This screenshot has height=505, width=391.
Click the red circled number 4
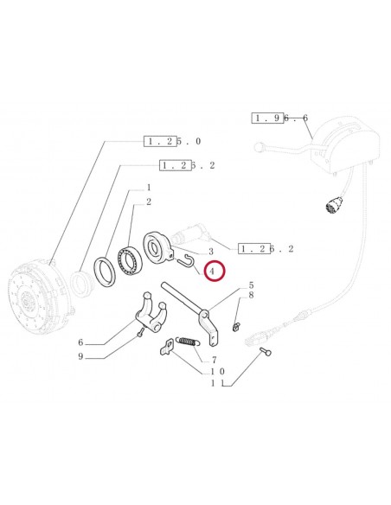pos(212,271)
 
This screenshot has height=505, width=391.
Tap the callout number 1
pos(149,187)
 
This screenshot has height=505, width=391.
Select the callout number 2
pos(149,202)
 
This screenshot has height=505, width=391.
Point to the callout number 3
pos(211,252)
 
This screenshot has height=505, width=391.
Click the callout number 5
pos(251,285)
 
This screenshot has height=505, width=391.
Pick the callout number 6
pos(80,342)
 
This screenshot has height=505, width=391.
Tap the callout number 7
pos(214,360)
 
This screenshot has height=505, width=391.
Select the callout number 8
pos(251,295)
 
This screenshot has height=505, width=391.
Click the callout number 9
pos(80,356)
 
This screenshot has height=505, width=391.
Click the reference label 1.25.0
pos(172,141)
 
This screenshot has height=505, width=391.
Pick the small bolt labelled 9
pos(139,332)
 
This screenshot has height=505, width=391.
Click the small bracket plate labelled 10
pos(167,347)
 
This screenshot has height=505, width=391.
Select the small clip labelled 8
pos(236,327)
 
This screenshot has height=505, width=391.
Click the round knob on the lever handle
pos(259,148)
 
